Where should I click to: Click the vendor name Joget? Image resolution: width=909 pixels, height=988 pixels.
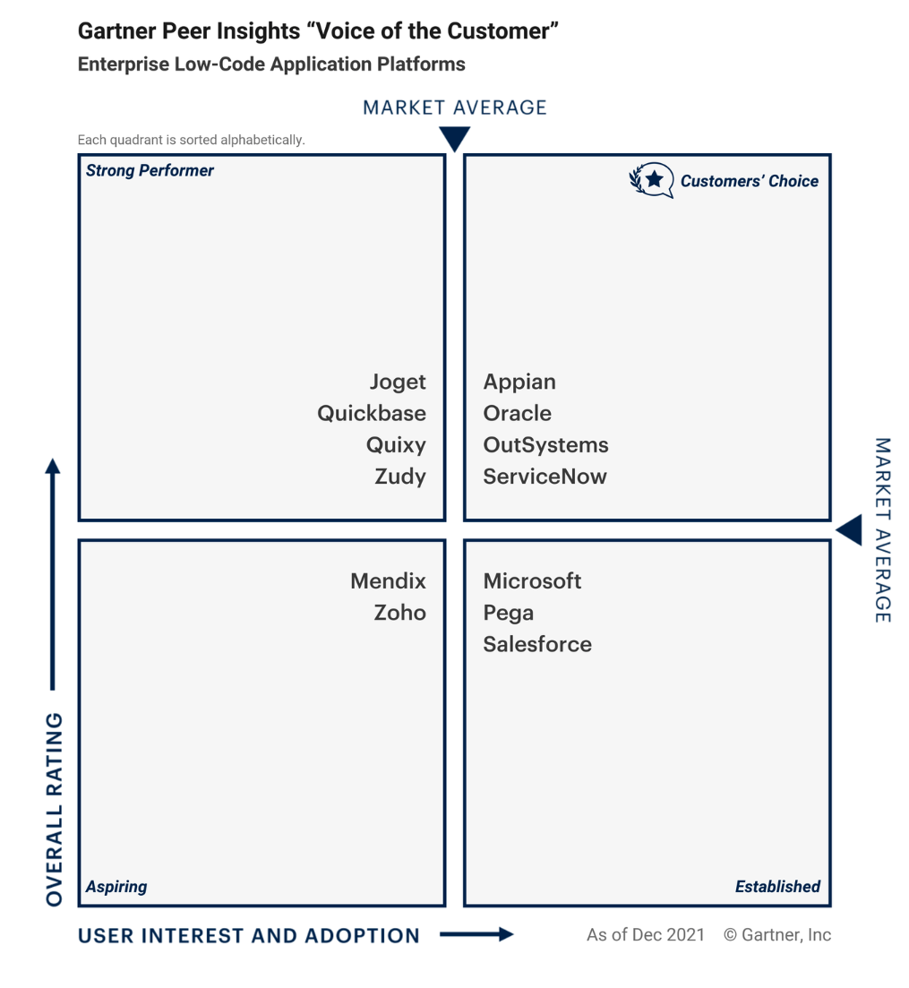point(398,382)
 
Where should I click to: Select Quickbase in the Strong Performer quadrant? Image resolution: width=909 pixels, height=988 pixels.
point(372,413)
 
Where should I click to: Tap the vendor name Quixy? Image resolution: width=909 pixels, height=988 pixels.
point(396,445)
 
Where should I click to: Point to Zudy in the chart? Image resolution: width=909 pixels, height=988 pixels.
point(400,477)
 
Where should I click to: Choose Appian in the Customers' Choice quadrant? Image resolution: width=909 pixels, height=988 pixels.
point(519,382)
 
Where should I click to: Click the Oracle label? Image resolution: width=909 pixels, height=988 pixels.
point(517,413)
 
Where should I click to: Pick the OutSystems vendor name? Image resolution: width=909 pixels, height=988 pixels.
point(545,445)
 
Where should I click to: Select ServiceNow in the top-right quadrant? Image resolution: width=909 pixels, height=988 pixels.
point(545,477)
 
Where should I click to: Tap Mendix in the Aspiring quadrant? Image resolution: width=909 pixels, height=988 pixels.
point(388,581)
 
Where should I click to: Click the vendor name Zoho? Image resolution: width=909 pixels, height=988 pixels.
point(400,613)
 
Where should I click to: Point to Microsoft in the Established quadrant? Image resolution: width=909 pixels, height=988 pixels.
point(532,581)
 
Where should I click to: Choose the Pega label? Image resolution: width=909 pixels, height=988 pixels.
point(509,614)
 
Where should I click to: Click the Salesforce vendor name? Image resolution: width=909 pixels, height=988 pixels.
point(537,644)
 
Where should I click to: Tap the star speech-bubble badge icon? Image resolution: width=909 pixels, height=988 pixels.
point(652,181)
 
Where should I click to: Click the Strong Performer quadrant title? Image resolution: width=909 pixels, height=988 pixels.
point(150,171)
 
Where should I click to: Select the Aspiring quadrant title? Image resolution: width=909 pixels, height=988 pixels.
point(116,887)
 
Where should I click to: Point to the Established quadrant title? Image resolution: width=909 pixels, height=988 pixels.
point(777,887)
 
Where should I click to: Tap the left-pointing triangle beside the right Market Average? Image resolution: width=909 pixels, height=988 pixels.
point(849,530)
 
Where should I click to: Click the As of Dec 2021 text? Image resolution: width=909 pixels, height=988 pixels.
point(646,934)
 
